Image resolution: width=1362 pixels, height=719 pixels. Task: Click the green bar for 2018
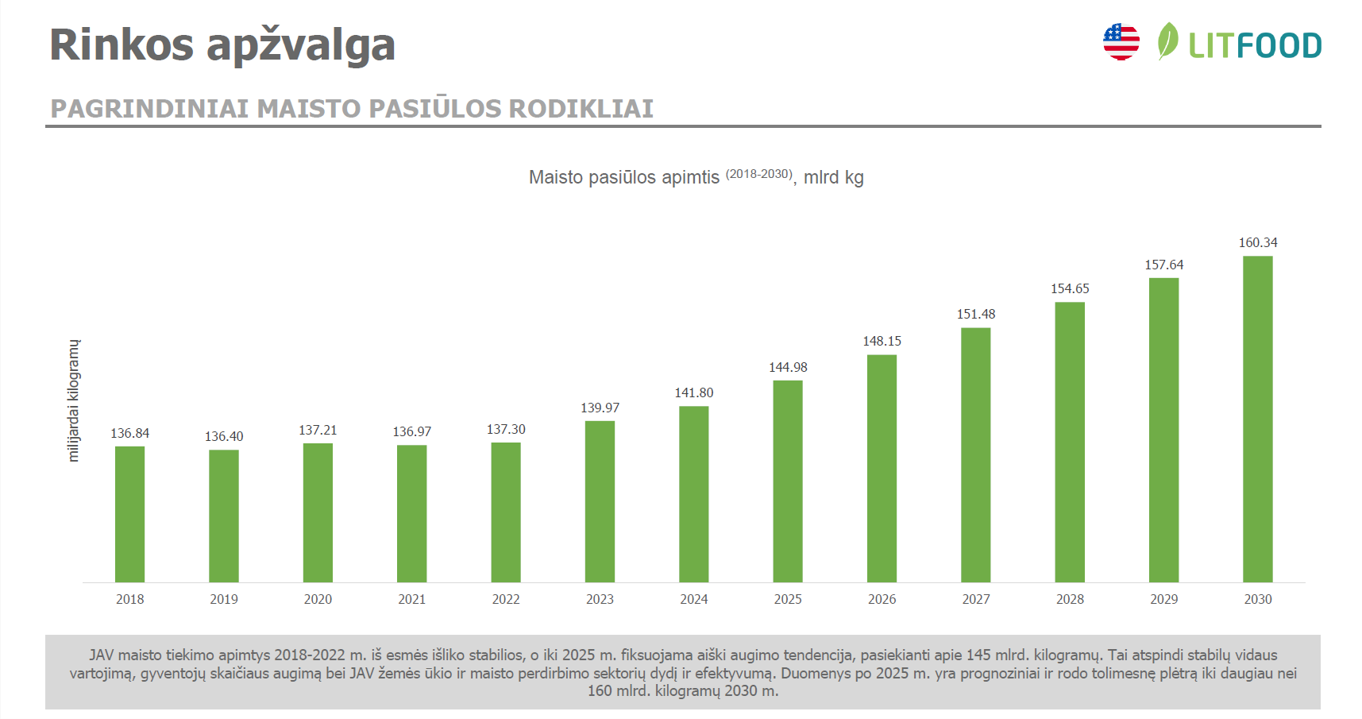[129, 514]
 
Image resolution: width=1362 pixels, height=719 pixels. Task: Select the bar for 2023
[600, 501]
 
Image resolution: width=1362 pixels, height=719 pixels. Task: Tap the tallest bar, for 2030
[1257, 419]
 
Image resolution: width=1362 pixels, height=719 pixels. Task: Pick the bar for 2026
[882, 468]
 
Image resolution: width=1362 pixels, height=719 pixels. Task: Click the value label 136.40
[224, 436]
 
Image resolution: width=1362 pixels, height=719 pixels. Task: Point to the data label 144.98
[788, 367]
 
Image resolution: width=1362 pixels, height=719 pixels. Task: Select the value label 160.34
[1258, 242]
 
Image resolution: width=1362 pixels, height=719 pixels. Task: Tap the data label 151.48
[975, 314]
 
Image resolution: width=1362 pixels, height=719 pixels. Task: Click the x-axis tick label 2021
[411, 599]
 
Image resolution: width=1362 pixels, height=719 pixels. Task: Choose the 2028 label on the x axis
[1070, 599]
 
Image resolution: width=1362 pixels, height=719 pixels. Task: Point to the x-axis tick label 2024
[693, 599]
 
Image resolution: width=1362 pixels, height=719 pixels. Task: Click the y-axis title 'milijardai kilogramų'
[74, 400]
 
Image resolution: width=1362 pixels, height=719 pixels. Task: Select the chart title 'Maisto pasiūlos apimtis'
[623, 177]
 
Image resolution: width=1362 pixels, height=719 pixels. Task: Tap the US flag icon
[1121, 42]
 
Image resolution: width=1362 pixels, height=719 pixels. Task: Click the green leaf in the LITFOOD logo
[1167, 41]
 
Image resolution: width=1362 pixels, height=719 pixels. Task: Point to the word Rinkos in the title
[122, 44]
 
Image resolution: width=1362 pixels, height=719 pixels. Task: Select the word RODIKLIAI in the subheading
[581, 109]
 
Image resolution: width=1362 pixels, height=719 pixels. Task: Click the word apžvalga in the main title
[301, 46]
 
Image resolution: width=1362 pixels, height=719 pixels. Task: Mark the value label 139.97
[600, 408]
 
